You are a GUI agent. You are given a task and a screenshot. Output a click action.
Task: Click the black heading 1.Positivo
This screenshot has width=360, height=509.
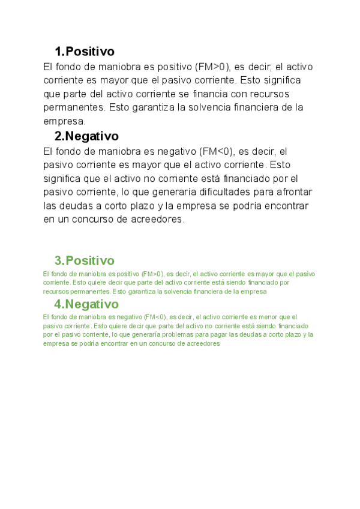click(84, 51)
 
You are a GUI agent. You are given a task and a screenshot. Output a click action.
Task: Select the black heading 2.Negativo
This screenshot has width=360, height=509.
click(86, 136)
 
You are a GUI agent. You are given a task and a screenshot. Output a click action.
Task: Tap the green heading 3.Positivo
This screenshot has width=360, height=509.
click(84, 261)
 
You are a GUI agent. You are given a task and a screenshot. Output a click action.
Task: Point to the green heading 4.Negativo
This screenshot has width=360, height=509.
click(86, 304)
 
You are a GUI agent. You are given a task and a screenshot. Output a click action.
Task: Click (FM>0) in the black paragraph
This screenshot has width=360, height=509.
click(213, 66)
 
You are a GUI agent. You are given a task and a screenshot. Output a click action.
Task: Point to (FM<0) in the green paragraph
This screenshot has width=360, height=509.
click(154, 316)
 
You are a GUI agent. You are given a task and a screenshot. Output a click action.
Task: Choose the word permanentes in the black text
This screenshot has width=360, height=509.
click(73, 108)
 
